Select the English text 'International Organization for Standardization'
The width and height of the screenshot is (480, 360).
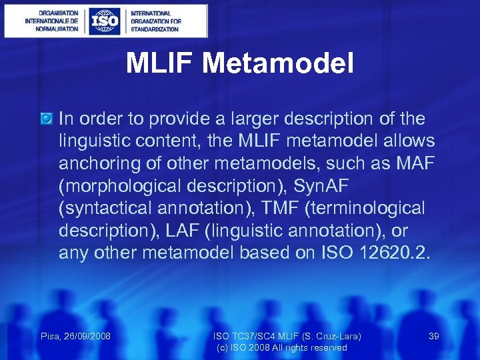(x=155, y=21)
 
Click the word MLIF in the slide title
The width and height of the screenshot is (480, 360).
(x=160, y=64)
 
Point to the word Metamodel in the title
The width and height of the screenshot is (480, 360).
(x=277, y=64)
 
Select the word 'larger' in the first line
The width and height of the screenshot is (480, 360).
(x=237, y=119)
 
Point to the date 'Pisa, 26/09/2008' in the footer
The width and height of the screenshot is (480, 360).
(x=75, y=336)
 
